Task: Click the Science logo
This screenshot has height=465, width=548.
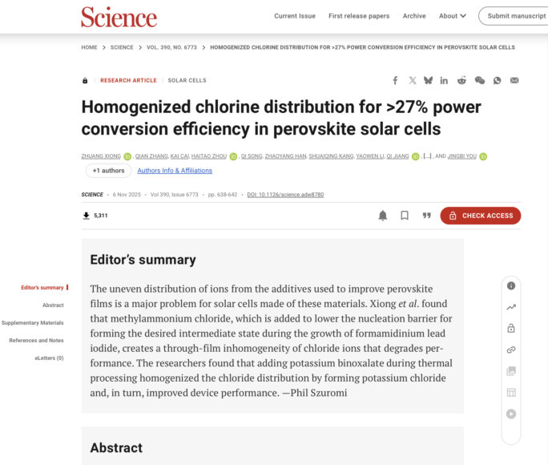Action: click(119, 16)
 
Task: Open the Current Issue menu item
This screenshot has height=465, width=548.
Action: click(295, 16)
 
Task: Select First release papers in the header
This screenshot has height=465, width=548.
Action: click(359, 16)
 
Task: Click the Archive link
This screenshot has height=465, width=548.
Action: click(414, 16)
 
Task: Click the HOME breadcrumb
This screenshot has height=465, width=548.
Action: click(89, 47)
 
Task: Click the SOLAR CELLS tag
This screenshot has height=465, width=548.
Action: click(187, 80)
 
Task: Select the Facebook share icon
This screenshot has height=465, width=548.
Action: click(395, 80)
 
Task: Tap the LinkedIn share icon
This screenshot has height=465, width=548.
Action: click(444, 80)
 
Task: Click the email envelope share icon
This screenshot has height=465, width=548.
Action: click(514, 80)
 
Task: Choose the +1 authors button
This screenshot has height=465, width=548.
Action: click(108, 171)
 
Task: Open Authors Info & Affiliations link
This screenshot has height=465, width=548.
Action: click(175, 171)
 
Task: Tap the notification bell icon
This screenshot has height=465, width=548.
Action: click(383, 216)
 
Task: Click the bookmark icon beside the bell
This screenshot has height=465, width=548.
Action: click(405, 216)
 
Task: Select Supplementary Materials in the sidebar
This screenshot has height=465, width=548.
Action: click(33, 322)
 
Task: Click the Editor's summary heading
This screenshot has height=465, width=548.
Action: click(143, 260)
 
